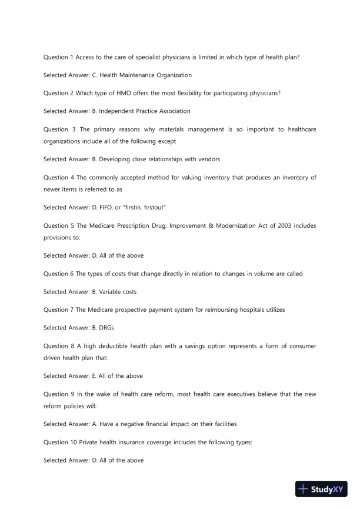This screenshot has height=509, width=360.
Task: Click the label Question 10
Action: point(59,442)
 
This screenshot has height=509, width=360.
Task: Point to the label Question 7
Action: point(58,310)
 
